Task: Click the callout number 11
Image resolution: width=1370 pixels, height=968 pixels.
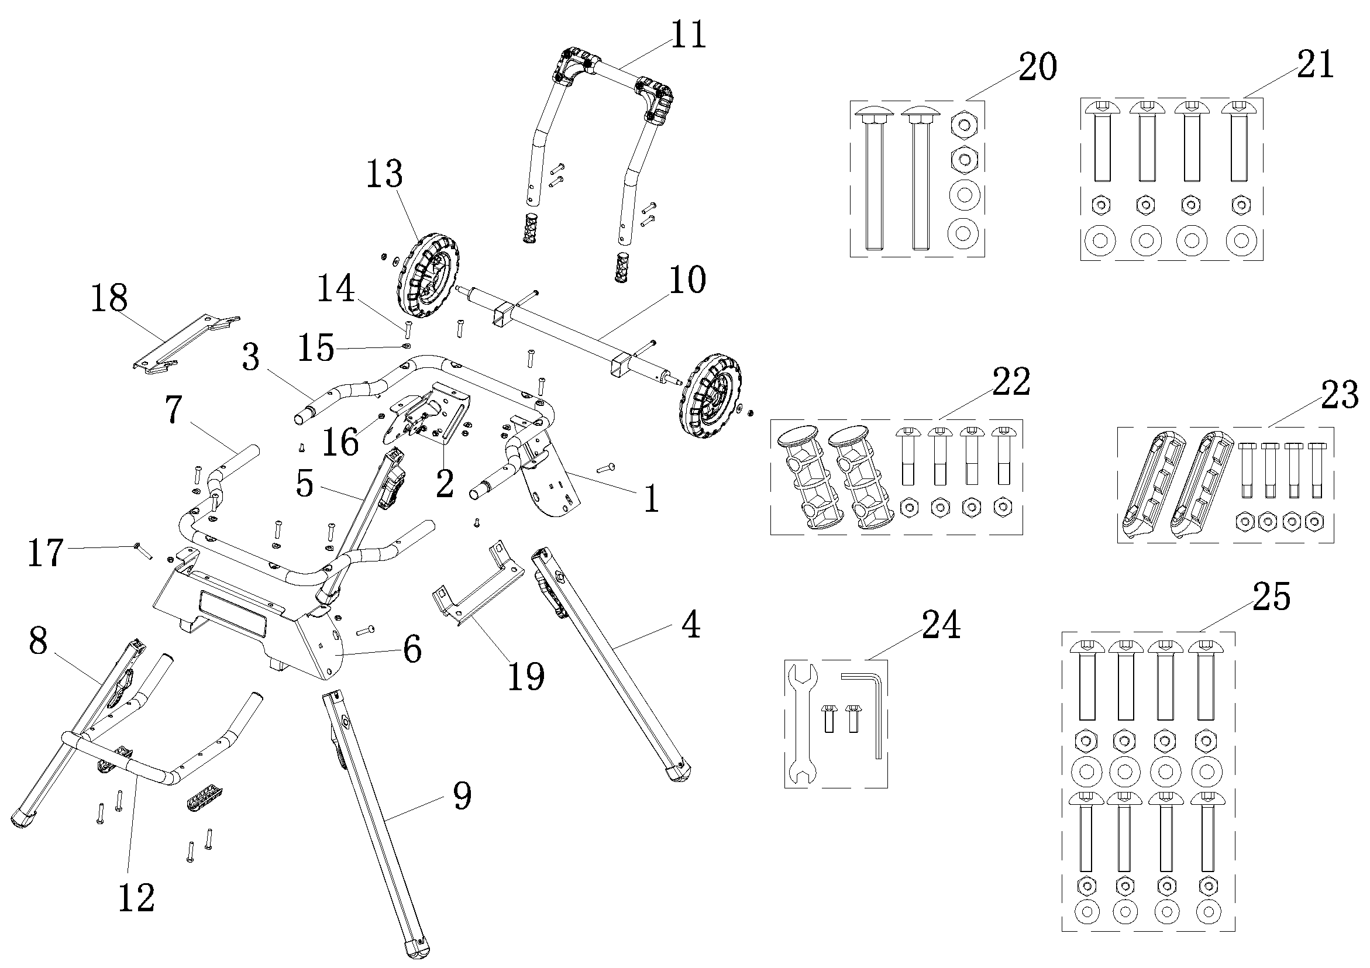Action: click(688, 35)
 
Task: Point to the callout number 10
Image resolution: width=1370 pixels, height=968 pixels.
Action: click(687, 280)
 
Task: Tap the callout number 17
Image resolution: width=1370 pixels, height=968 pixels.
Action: click(46, 553)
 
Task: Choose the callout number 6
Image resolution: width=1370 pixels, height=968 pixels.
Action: click(412, 649)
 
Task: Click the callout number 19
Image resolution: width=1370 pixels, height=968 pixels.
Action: click(526, 676)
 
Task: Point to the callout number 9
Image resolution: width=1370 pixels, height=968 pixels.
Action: click(462, 795)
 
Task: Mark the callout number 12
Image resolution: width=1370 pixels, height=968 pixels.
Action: click(136, 898)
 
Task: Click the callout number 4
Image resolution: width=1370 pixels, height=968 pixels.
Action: click(690, 624)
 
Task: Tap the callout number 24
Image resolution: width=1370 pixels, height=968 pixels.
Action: click(941, 624)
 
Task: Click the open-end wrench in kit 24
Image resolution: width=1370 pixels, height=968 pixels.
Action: click(801, 724)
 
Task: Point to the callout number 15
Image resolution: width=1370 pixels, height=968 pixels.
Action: click(316, 347)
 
